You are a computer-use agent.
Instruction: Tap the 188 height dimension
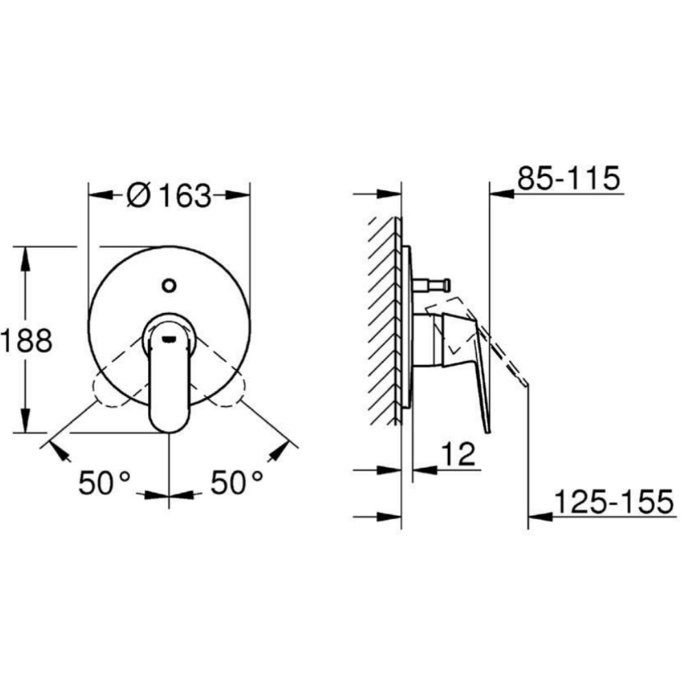(x=26, y=340)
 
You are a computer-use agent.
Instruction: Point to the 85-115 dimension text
(x=568, y=179)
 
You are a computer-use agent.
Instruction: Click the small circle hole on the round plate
(x=169, y=284)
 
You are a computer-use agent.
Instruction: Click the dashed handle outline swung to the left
(x=110, y=390)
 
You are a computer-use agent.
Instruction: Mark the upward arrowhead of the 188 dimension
(x=26, y=257)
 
